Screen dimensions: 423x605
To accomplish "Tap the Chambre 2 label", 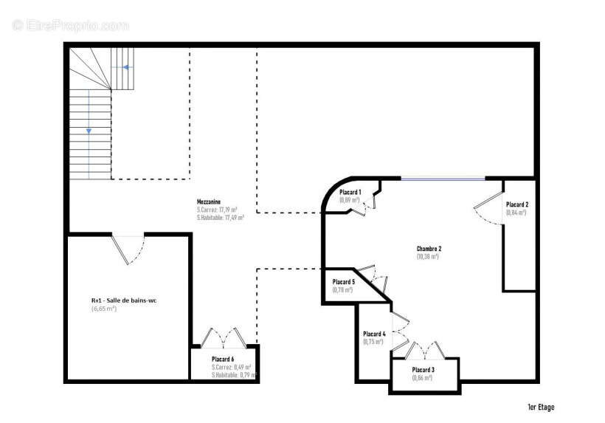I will click(429, 249).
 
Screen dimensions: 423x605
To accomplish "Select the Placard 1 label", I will click(350, 192).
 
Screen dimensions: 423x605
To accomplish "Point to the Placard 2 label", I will click(516, 204).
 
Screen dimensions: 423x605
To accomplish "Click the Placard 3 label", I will click(423, 369).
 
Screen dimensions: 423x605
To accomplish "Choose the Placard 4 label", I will click(373, 334).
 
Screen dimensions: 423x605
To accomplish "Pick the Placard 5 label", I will click(343, 282).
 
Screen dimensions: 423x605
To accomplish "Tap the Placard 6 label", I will click(222, 359).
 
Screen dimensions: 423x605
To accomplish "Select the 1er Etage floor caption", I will click(540, 407).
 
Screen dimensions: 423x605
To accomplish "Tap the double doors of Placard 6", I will click(223, 338).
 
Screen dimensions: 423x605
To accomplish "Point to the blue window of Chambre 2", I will click(443, 178).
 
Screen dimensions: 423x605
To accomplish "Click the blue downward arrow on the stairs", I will click(89, 131).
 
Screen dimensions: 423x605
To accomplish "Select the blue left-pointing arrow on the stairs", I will click(126, 67).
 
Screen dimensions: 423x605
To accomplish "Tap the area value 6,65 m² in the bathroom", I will click(104, 309).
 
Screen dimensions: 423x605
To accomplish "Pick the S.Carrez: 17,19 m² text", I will click(216, 210).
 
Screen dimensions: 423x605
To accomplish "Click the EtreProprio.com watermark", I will click(71, 25).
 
